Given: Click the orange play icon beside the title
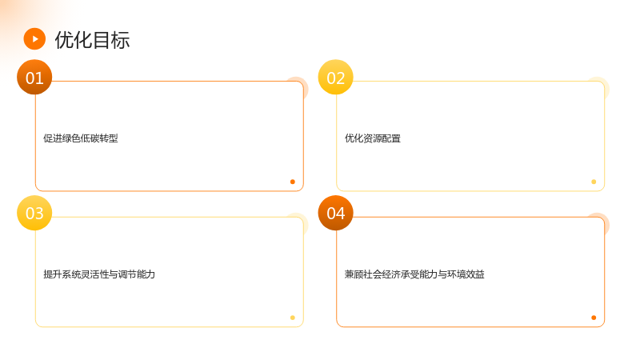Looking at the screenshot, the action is coord(34,38).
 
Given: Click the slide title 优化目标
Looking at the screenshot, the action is coord(92,40).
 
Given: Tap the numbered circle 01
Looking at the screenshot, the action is coord(34,77).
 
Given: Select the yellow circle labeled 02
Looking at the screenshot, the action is coord(335,77).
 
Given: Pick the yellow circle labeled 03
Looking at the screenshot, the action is coord(34,213).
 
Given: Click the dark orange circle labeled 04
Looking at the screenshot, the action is coord(335,213).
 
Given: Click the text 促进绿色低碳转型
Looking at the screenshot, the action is coord(81,138).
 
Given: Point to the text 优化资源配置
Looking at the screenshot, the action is coord(373,138).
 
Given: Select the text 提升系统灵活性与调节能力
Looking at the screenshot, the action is coord(99,274).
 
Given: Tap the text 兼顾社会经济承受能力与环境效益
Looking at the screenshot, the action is coord(414,274).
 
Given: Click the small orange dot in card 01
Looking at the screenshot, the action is coord(293,182).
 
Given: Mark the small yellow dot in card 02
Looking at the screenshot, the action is coord(594,182).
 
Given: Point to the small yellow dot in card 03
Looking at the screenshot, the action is coord(293,318).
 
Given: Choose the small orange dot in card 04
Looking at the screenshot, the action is coord(594,318).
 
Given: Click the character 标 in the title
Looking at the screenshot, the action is coord(121,40).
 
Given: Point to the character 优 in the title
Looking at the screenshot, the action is coord(64,40).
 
